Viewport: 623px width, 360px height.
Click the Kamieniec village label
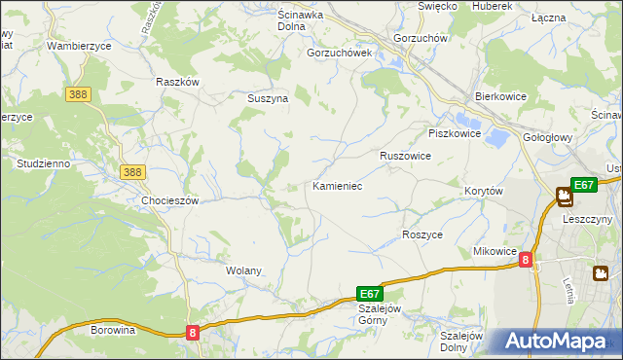pyautogui.click(x=338, y=185)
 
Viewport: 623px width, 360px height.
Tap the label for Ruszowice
pyautogui.click(x=405, y=155)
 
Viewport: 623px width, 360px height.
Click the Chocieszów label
pyautogui.click(x=170, y=200)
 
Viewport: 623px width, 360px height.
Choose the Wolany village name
pyautogui.click(x=243, y=270)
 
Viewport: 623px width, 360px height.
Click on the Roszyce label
pyautogui.click(x=422, y=234)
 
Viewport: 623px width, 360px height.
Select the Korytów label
pyautogui.click(x=484, y=192)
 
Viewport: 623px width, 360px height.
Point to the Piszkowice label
pyautogui.click(x=455, y=133)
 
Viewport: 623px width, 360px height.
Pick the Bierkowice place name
pyautogui.click(x=500, y=97)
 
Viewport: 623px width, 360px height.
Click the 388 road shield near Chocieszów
pyautogui.click(x=133, y=172)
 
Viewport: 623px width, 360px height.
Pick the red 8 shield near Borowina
pyautogui.click(x=193, y=333)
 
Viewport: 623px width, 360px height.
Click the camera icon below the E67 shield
pyautogui.click(x=564, y=198)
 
